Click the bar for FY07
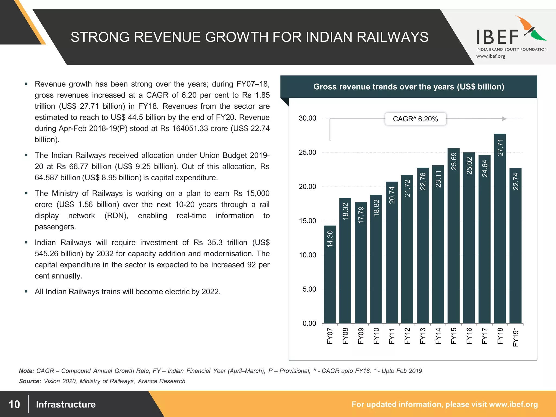click(x=330, y=274)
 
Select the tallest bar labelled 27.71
click(x=500, y=228)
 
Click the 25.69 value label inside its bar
click(x=454, y=161)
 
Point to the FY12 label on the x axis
click(x=407, y=336)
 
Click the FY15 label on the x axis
click(x=454, y=336)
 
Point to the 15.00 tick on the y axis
click(x=307, y=221)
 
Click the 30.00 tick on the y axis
click(x=307, y=118)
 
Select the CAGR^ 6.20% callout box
click(x=415, y=119)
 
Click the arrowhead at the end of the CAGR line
click(x=504, y=119)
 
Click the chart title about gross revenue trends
click(x=409, y=87)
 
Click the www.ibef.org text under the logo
click(x=491, y=56)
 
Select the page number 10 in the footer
click(x=14, y=404)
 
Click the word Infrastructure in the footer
click(x=66, y=404)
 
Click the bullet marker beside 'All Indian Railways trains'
click(x=26, y=292)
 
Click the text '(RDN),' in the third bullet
click(x=116, y=216)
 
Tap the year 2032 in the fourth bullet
click(x=105, y=254)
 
